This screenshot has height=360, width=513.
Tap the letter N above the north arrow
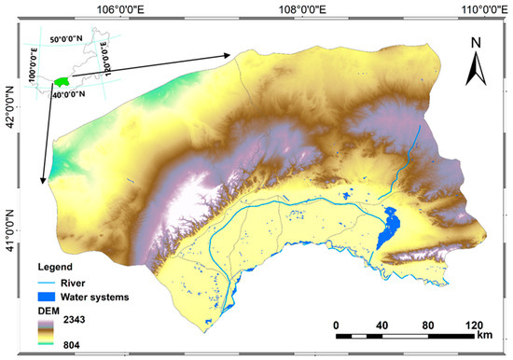pos(476,42)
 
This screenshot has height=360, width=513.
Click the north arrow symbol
pos(476,65)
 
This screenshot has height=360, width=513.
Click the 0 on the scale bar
pos(336,325)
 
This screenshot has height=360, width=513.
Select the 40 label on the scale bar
pos(381,325)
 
